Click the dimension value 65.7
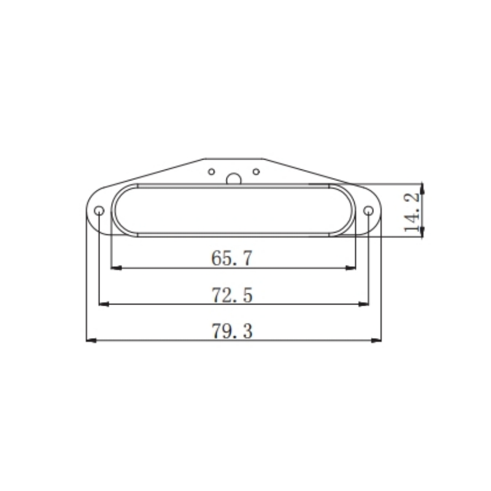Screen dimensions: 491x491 pos(232,258)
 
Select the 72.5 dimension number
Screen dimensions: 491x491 pos(232,295)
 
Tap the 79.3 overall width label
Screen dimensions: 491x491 pos(232,332)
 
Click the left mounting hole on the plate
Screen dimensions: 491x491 pos(99,211)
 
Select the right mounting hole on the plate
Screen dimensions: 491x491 pos(368,211)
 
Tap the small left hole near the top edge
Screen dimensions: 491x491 pos(211,171)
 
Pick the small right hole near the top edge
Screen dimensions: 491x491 pos(257,171)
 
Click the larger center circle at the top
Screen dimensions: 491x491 pos(233,179)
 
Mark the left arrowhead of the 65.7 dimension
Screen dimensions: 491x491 pos(115,268)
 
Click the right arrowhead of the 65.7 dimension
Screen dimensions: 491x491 pos(352,268)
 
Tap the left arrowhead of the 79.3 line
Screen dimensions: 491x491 pos(90,340)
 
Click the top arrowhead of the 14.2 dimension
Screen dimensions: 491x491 pos(422,187)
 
